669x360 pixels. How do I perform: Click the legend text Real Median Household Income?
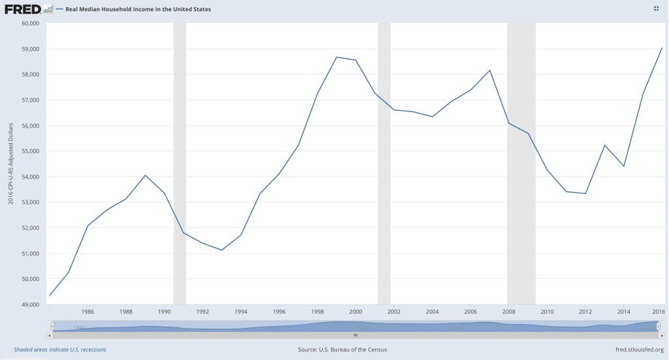coord(138,10)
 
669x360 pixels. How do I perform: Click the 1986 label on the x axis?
coord(88,311)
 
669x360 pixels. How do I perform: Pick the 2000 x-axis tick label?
coord(355,311)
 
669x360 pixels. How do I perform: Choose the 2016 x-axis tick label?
coord(658,311)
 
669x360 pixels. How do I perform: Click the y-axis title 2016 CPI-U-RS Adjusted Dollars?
coord(10,163)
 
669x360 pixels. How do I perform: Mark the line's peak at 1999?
coord(336,57)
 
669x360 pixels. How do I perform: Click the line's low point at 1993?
coord(222,250)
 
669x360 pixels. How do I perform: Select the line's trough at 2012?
coord(585,193)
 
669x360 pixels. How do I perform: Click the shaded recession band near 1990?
coord(180,163)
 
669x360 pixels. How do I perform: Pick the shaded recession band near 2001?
coord(384,163)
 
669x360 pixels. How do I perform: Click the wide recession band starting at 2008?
coord(521,163)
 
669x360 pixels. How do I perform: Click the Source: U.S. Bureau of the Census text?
coord(342,350)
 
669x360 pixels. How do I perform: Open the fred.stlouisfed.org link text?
coord(630,350)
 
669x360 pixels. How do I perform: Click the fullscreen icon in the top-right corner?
coord(656,8)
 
